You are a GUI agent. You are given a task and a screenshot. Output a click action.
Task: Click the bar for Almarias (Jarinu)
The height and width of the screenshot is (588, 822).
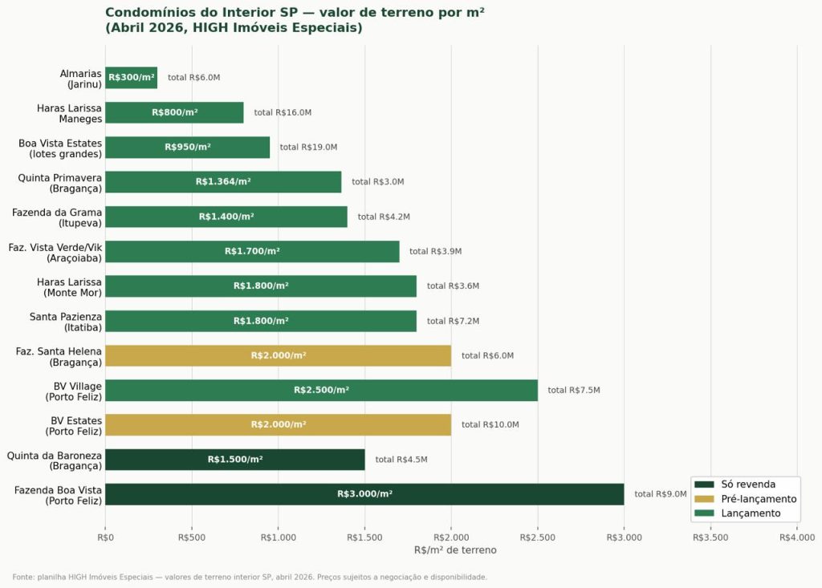click(x=131, y=78)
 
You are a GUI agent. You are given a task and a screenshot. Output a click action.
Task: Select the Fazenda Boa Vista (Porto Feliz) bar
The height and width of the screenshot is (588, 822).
click(x=364, y=494)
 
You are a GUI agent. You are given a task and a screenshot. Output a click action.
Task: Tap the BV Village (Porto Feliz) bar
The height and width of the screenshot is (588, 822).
click(x=321, y=391)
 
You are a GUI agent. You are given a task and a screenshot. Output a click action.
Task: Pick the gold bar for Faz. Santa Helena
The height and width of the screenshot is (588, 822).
click(x=278, y=355)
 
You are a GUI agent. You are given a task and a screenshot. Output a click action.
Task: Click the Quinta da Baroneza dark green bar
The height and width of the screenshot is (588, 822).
click(x=234, y=460)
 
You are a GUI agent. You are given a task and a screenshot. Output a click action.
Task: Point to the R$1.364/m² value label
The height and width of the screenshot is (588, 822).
click(x=223, y=182)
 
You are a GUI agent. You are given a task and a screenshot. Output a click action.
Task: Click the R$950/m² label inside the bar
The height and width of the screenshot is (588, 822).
click(x=187, y=148)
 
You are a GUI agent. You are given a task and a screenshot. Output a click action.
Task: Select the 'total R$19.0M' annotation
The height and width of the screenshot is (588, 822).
click(x=308, y=148)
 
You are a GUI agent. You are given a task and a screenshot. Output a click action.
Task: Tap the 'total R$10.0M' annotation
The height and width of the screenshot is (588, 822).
click(x=490, y=425)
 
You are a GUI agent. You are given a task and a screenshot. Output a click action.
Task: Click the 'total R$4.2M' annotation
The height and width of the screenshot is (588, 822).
click(x=384, y=217)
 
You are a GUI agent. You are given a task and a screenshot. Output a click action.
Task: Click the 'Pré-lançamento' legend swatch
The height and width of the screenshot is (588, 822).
click(x=704, y=499)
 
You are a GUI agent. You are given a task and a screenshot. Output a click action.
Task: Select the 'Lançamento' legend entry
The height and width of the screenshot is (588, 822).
click(x=751, y=513)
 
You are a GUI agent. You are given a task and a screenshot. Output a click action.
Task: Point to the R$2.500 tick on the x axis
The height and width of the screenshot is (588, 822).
click(x=538, y=537)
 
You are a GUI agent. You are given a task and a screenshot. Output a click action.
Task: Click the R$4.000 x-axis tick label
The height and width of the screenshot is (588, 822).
click(x=797, y=537)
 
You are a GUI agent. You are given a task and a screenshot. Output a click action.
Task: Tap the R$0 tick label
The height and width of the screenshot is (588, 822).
click(x=105, y=537)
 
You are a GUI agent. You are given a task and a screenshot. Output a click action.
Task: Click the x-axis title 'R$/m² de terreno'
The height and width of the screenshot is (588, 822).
click(x=455, y=550)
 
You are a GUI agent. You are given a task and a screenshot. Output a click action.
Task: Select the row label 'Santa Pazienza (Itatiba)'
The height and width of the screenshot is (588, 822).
click(x=66, y=322)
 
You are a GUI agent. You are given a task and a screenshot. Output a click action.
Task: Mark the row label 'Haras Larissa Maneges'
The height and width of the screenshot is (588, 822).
click(x=69, y=113)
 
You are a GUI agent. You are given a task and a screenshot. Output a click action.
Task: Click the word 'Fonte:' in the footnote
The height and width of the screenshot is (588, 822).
click(x=23, y=577)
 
